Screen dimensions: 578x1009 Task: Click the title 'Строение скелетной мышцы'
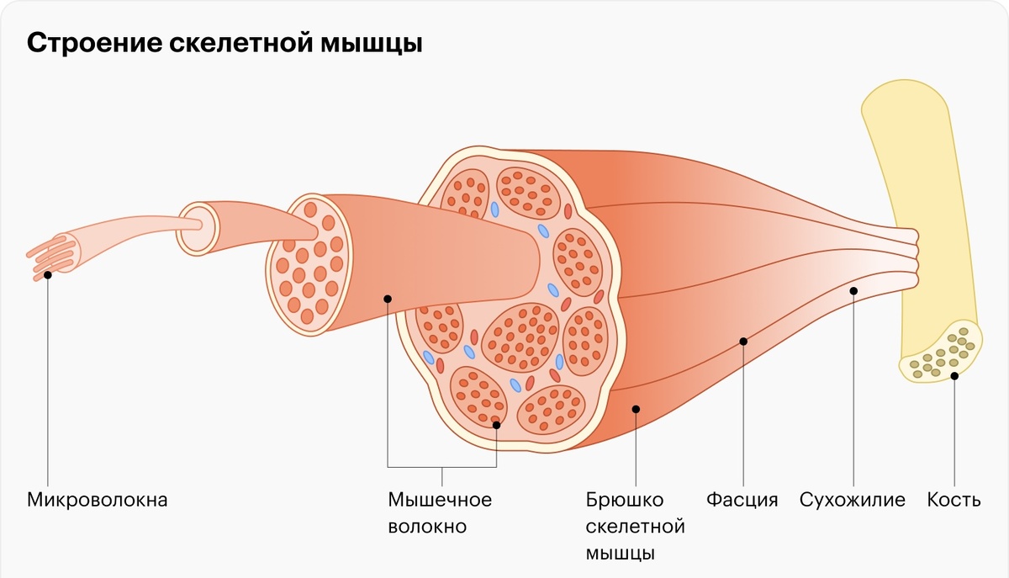[x=225, y=43]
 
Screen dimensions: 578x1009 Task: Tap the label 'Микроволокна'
[x=98, y=500]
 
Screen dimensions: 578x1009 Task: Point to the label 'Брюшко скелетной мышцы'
[x=635, y=527]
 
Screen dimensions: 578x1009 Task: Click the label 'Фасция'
[x=742, y=500]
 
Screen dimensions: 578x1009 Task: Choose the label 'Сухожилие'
[x=852, y=500]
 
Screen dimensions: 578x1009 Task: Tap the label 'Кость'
[x=954, y=500]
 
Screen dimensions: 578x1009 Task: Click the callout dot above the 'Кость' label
[x=954, y=376]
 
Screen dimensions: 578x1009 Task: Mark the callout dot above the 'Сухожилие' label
[x=853, y=291]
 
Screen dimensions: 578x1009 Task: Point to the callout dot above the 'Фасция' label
[x=743, y=342]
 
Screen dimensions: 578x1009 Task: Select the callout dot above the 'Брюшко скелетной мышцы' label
[x=636, y=409]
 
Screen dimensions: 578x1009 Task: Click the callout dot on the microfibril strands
[x=48, y=274]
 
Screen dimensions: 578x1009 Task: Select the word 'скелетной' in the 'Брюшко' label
[x=635, y=528]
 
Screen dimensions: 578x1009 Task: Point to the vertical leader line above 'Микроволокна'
[x=48, y=379]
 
